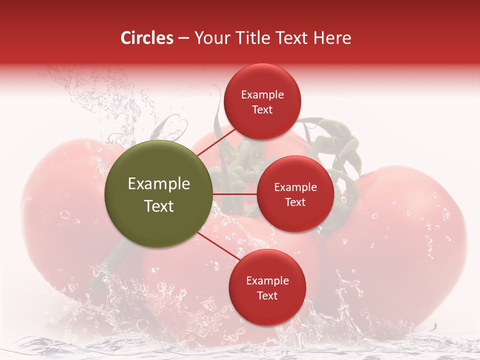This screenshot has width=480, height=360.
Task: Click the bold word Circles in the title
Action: tap(147, 38)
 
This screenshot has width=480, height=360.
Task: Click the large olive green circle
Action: tap(158, 194)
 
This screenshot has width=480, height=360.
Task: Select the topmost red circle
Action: tap(262, 101)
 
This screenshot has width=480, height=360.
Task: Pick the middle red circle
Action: tap(295, 194)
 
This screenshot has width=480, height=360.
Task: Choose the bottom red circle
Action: tap(267, 287)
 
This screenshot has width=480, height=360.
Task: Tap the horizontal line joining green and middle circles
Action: tap(234, 194)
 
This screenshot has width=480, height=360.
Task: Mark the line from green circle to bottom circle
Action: tap(218, 247)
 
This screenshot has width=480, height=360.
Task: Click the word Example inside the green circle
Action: tap(158, 184)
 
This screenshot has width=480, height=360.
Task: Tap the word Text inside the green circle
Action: tap(158, 206)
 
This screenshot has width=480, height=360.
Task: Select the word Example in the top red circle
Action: tap(262, 95)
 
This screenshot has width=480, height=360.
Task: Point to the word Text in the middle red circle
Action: tap(295, 202)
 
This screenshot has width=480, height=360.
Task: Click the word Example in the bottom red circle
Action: tap(267, 281)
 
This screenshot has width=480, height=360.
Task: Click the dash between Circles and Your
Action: tap(183, 38)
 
